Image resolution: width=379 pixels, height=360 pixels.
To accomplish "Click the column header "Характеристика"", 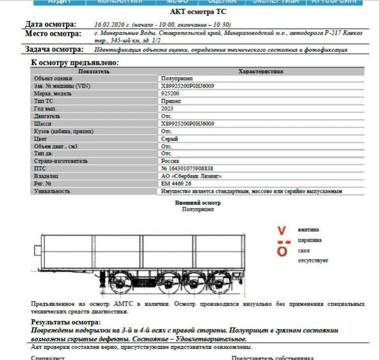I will click(x=261, y=71).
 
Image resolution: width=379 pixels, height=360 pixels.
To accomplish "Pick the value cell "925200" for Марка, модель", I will click(x=170, y=93).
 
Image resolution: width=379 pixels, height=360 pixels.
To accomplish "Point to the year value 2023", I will click(x=167, y=109).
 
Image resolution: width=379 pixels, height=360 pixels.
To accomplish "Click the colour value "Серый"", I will click(x=169, y=139).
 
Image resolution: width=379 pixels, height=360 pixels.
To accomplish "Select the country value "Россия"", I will click(x=170, y=161).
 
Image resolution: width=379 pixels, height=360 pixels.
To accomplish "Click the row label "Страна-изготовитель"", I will click(x=60, y=161).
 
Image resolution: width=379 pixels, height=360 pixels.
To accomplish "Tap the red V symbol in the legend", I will click(x=282, y=230).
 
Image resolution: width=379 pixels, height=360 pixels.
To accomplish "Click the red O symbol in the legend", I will click(x=282, y=251).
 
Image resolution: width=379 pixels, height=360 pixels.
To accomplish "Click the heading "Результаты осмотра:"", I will click(x=66, y=322).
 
